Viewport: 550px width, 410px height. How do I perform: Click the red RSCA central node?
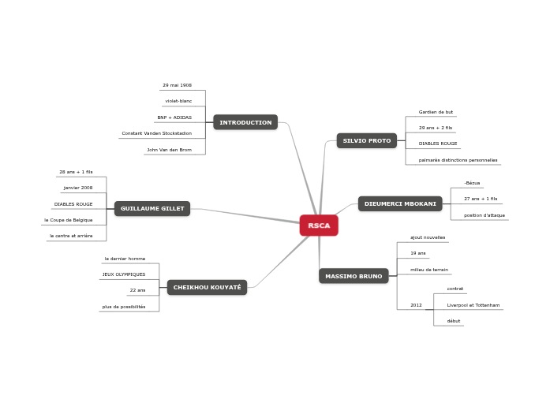[x=319, y=225]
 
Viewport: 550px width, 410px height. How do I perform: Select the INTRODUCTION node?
[x=245, y=122]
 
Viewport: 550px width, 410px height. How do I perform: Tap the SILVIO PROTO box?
[x=367, y=140]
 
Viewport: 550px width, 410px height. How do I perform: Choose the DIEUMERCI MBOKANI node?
[x=400, y=203]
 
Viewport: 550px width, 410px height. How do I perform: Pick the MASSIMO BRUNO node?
[x=354, y=276]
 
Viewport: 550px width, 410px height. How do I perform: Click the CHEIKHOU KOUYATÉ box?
[x=207, y=287]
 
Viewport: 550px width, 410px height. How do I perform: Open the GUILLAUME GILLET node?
[x=152, y=208]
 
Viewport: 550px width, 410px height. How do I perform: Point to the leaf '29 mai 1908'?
[x=177, y=85]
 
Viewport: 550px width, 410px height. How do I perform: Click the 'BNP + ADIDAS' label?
[x=174, y=117]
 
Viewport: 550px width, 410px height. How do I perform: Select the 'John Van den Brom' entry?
[x=169, y=150]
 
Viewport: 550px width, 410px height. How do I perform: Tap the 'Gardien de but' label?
[x=436, y=112]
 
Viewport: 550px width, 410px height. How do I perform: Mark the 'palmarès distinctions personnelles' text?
[x=458, y=160]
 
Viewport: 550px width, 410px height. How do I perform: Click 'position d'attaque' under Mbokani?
[x=485, y=215]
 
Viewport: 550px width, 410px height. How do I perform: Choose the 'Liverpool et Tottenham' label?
[x=473, y=305]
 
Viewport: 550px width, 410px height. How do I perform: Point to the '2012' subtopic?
[x=416, y=305]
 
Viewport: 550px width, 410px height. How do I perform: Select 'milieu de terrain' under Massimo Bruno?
[x=429, y=270]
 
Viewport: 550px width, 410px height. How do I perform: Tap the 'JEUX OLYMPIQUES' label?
[x=124, y=274]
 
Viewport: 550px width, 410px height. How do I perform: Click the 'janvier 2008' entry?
[x=78, y=188]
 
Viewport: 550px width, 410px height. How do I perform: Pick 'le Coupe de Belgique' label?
[x=69, y=220]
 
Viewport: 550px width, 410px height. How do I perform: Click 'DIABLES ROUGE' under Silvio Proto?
[x=438, y=143]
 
